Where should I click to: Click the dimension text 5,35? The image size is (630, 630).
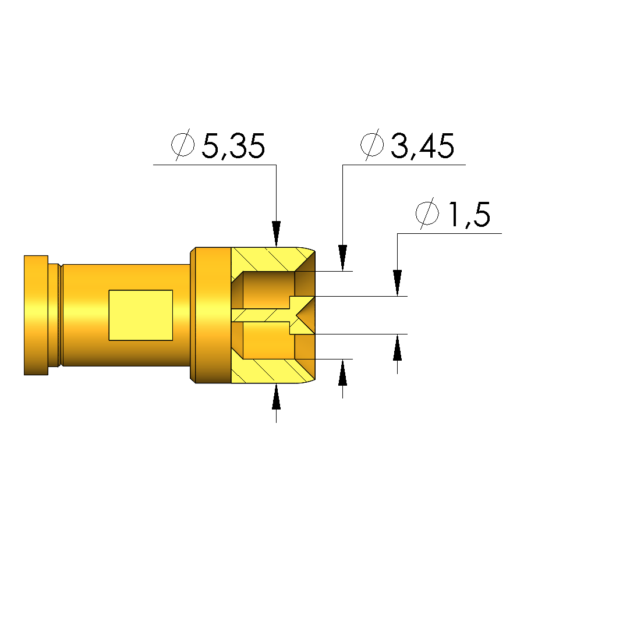[x=233, y=145]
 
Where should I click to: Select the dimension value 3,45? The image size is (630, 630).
[x=422, y=145]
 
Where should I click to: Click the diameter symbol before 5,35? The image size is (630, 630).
[x=183, y=145]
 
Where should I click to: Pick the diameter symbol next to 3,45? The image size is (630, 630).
[x=372, y=145]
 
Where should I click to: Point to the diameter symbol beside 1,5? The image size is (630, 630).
[x=427, y=213]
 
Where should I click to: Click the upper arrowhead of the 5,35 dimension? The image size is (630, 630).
[x=276, y=234]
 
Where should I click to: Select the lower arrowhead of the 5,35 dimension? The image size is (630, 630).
[x=276, y=397]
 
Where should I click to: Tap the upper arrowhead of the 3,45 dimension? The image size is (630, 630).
[x=342, y=258]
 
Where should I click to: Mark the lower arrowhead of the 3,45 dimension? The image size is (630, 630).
[x=342, y=372]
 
